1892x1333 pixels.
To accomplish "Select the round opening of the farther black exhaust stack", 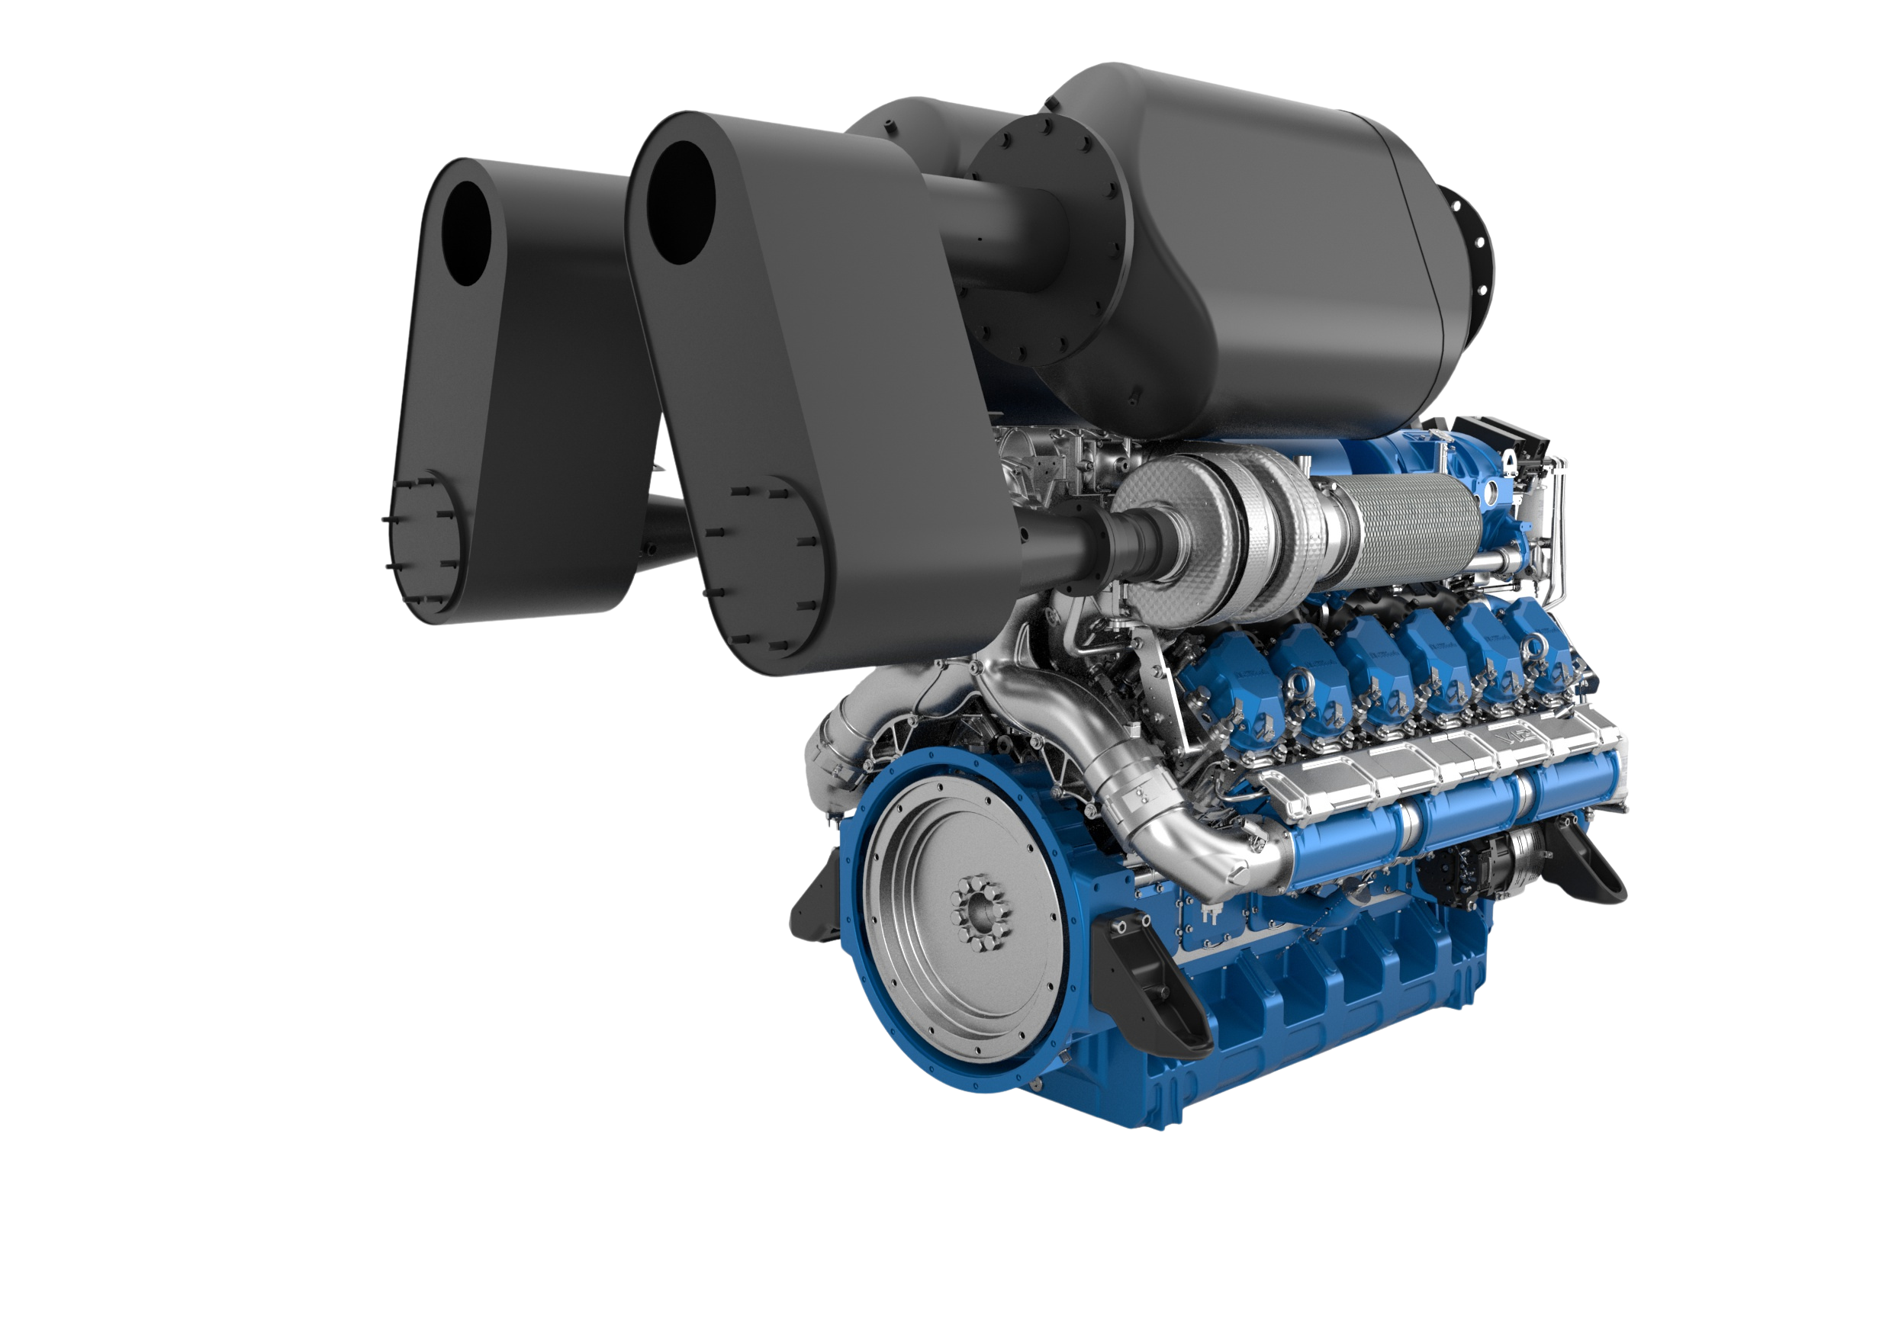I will coord(470,233).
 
